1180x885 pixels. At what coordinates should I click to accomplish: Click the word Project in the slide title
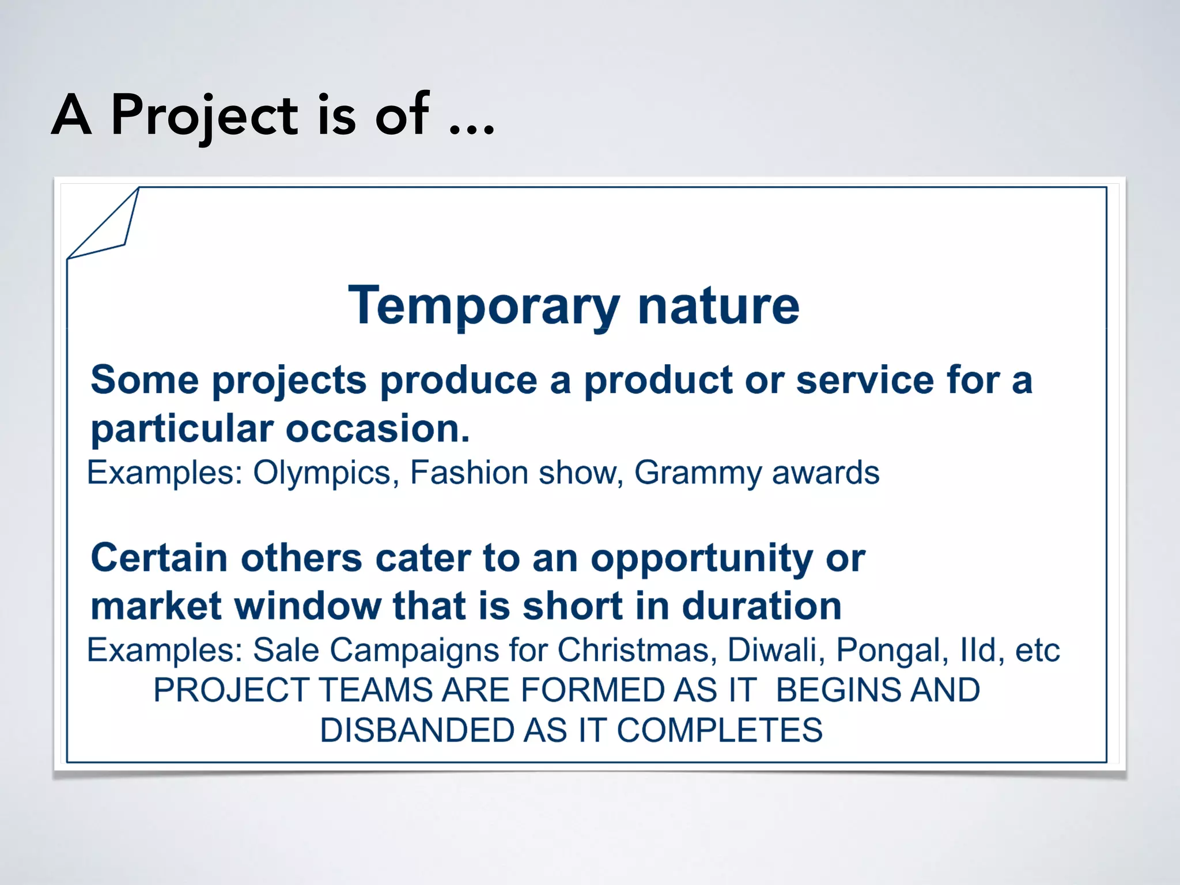click(x=204, y=115)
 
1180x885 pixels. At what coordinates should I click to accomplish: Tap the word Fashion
click(x=469, y=473)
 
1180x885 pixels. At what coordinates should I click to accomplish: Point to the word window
click(x=308, y=607)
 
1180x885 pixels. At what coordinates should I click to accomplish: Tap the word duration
click(x=762, y=607)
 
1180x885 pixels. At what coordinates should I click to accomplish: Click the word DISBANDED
click(x=417, y=731)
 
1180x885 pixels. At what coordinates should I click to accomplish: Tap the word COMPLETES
click(x=720, y=731)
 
